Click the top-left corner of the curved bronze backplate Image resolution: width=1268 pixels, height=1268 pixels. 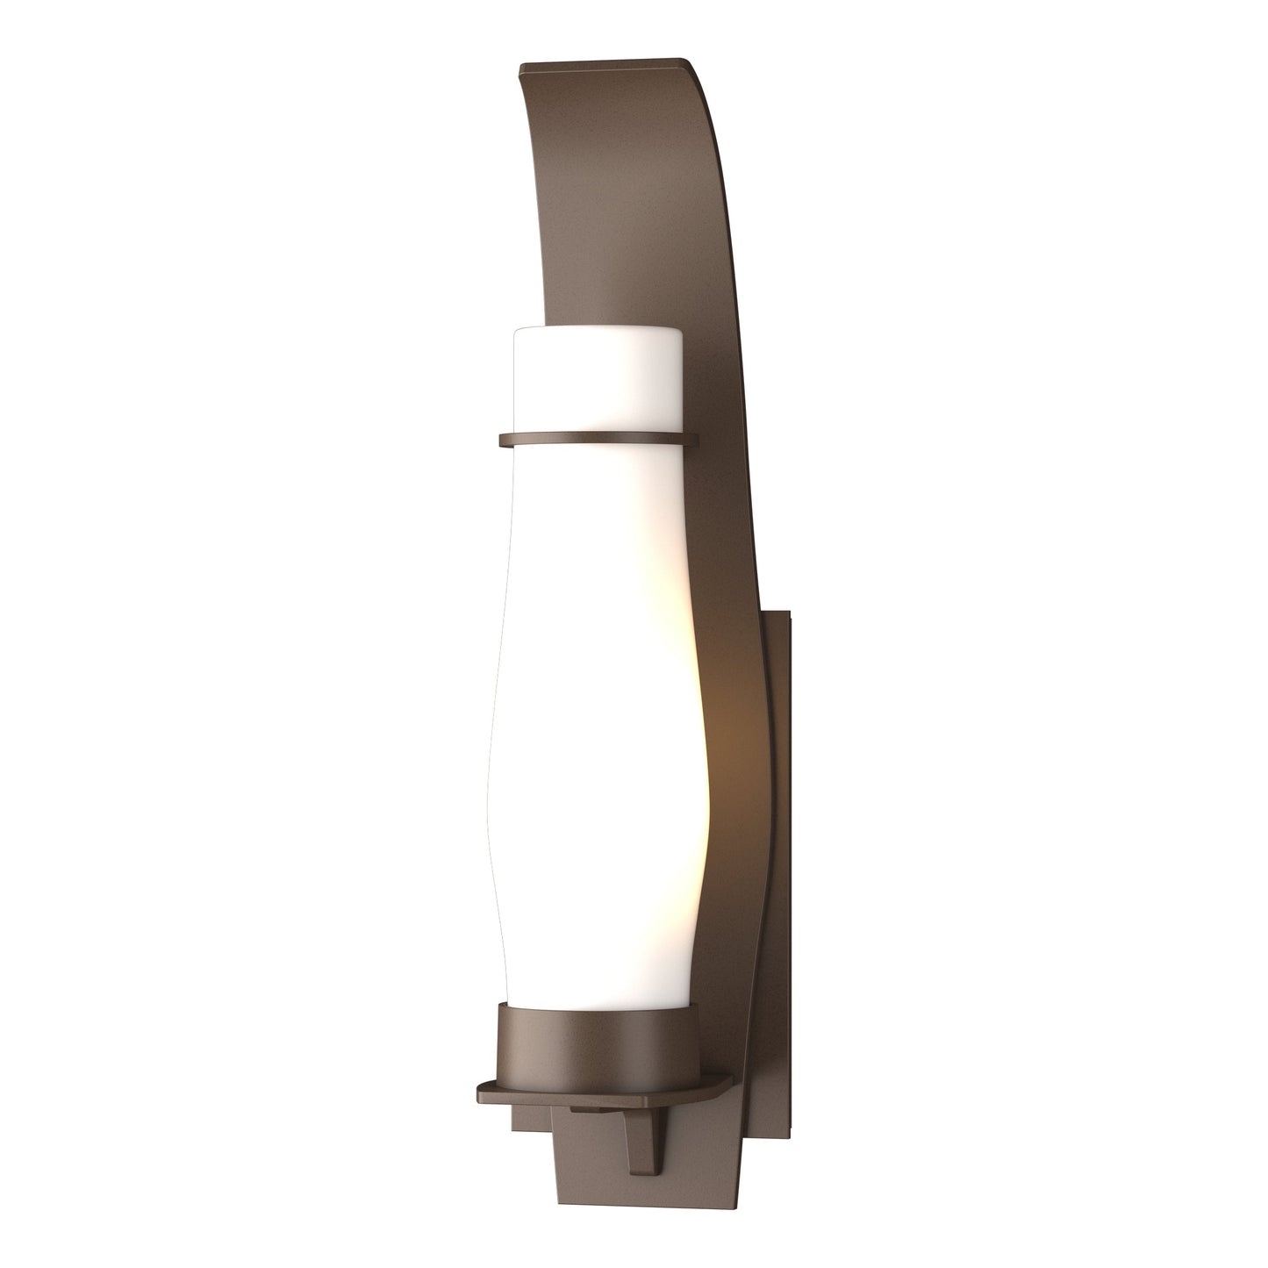tap(522, 67)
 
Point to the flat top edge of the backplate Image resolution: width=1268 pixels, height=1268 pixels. tap(605, 63)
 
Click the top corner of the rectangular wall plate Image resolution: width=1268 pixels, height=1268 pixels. tap(789, 614)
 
